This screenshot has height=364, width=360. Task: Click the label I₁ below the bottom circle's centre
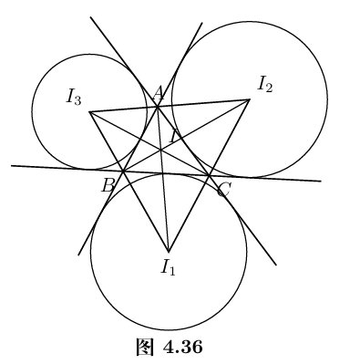[169, 267]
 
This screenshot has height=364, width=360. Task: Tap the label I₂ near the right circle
[264, 84]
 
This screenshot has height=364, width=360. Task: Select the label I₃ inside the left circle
[74, 98]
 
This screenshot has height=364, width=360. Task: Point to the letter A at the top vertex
[159, 93]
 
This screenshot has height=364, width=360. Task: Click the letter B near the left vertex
[108, 185]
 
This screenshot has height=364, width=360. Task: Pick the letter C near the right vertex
[223, 191]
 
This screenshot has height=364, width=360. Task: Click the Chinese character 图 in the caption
[145, 347]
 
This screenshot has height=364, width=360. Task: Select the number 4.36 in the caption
[182, 347]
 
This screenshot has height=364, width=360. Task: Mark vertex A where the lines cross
[158, 107]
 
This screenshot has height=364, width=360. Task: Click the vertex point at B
[123, 172]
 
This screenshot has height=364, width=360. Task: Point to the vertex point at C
[209, 175]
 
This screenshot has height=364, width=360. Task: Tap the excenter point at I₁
[168, 251]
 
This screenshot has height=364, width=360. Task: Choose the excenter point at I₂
[250, 99]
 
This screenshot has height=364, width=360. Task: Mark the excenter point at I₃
[89, 112]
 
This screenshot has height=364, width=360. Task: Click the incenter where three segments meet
[160, 150]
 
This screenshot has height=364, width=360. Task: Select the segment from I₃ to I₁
[129, 182]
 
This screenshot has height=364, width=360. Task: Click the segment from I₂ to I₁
[209, 175]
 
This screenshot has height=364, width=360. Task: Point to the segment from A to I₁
[163, 179]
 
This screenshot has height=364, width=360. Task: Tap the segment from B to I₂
[186, 136]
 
